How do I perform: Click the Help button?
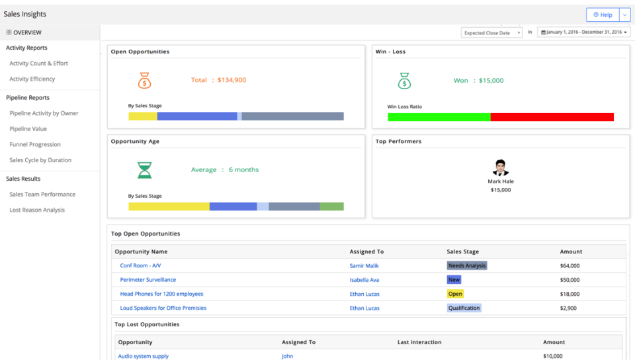pyautogui.click(x=603, y=15)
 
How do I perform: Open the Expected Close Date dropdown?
pyautogui.click(x=491, y=32)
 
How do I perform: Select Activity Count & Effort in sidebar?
pyautogui.click(x=38, y=64)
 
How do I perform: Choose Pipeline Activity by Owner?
pyautogui.click(x=44, y=113)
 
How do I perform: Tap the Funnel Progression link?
pyautogui.click(x=35, y=144)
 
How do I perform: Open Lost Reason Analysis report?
pyautogui.click(x=37, y=210)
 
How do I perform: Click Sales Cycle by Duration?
pyautogui.click(x=40, y=160)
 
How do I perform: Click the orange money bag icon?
pyautogui.click(x=144, y=81)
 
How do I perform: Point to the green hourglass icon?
pyautogui.click(x=144, y=170)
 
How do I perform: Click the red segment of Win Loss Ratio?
pyautogui.click(x=552, y=117)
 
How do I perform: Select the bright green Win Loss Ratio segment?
pyautogui.click(x=439, y=117)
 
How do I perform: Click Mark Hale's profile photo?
pyautogui.click(x=501, y=168)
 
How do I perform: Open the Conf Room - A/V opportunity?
pyautogui.click(x=140, y=265)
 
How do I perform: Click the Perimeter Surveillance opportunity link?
pyautogui.click(x=148, y=280)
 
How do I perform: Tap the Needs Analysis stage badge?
pyautogui.click(x=467, y=265)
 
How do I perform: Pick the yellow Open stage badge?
pyautogui.click(x=455, y=294)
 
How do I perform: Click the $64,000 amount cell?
pyautogui.click(x=570, y=265)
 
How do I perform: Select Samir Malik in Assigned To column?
pyautogui.click(x=364, y=265)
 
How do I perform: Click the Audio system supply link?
pyautogui.click(x=144, y=356)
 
